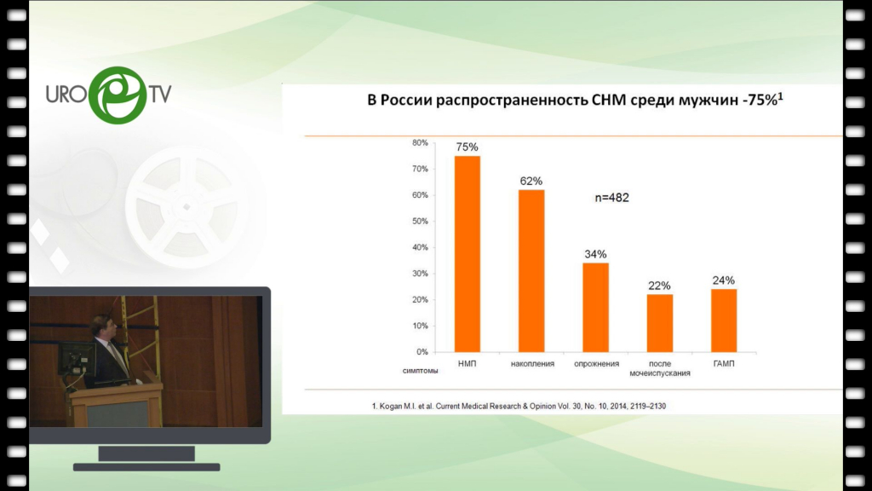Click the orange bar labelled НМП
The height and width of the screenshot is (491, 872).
tap(468, 254)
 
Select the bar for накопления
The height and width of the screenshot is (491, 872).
tap(531, 271)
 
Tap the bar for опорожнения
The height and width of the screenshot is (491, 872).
tap(595, 307)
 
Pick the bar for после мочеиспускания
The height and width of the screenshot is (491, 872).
tap(660, 323)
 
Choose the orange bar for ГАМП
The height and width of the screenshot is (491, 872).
tap(724, 321)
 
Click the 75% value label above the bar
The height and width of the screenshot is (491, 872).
tap(468, 147)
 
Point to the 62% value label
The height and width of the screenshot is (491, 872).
tap(531, 181)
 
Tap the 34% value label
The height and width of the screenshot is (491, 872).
tap(595, 254)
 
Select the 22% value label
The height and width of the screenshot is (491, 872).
tap(660, 286)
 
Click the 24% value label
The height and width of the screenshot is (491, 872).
tap(724, 280)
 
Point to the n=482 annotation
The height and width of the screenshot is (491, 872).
tap(611, 198)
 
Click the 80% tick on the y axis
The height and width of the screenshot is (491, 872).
tap(421, 142)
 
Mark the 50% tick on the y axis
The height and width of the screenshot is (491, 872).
tap(421, 221)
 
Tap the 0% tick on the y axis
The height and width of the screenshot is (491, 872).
tap(422, 352)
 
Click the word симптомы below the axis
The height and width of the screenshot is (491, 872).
tap(420, 371)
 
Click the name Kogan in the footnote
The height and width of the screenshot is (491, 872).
tap(390, 407)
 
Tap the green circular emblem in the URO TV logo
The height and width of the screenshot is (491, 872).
tap(118, 95)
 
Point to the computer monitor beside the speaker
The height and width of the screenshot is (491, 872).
tap(76, 359)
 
